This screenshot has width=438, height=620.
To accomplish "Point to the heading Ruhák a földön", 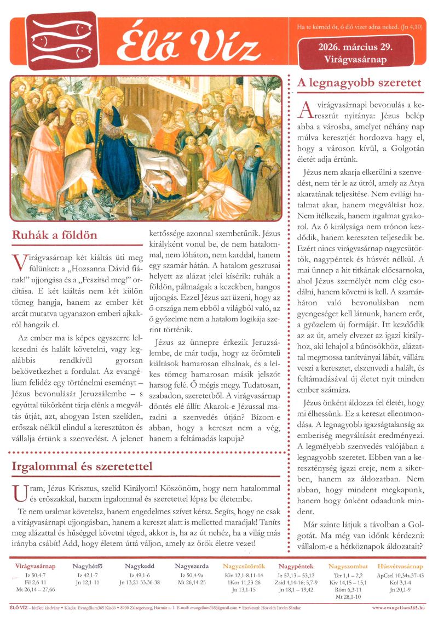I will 54,235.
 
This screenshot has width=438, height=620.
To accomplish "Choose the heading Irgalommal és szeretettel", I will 82,467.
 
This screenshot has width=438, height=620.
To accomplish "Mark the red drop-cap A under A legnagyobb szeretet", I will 305,109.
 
